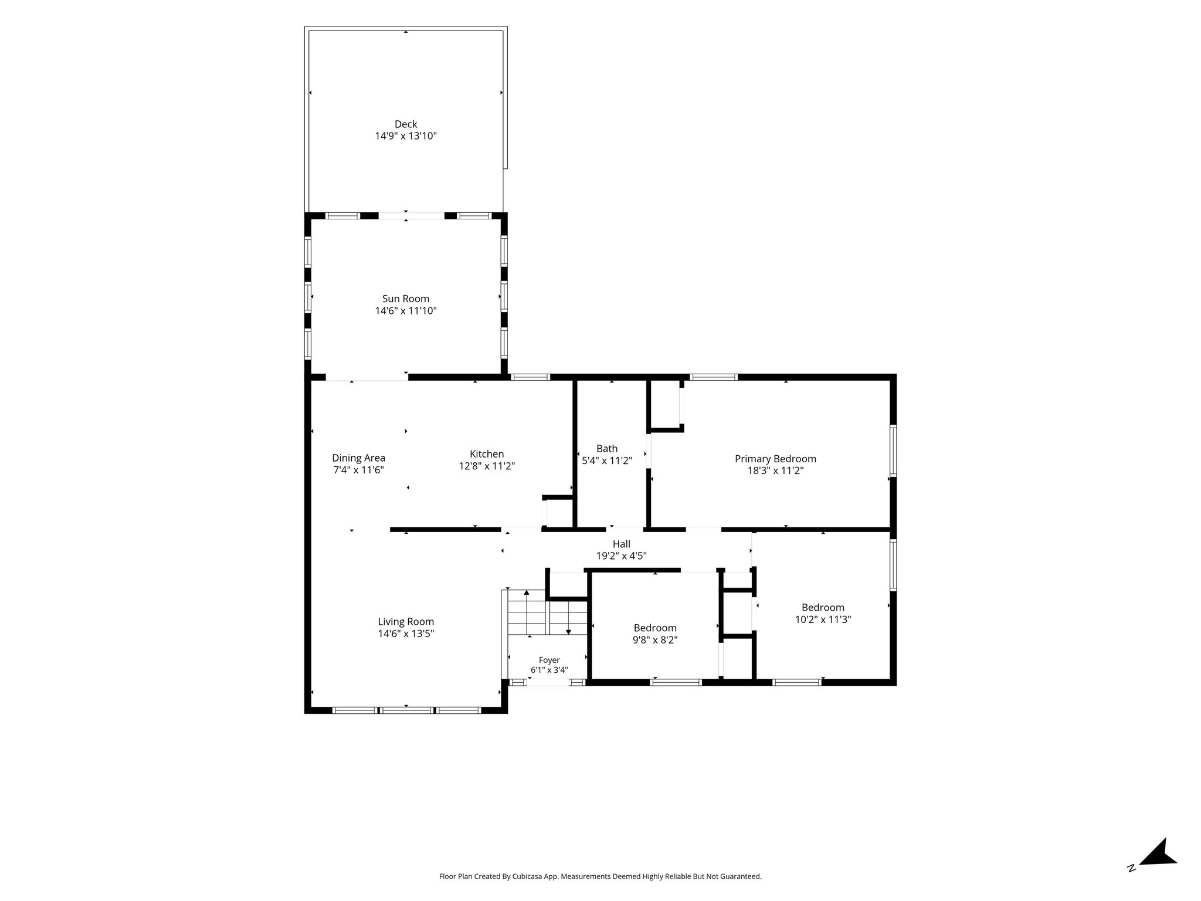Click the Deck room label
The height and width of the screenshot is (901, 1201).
coord(406,124)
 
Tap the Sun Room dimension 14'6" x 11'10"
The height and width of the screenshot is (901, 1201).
coord(406,311)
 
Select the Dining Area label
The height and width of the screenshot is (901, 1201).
coord(358,458)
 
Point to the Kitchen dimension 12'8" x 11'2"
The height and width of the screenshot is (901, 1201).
coord(487,466)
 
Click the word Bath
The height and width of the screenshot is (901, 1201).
coord(607,449)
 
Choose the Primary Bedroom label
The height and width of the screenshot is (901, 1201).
coord(775,459)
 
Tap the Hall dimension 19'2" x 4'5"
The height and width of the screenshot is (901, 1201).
coord(622,556)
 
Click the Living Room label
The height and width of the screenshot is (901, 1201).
coord(406,622)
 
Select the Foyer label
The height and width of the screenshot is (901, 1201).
coord(549,660)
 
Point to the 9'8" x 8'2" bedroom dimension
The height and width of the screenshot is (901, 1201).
coord(655,640)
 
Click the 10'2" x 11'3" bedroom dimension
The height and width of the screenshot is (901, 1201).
coord(823,619)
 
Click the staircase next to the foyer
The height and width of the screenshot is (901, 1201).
coord(547,612)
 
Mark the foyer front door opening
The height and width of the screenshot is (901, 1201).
coord(548,682)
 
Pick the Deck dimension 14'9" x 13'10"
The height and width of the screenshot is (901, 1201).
coord(406,136)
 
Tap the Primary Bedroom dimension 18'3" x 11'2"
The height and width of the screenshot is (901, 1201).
coord(775,470)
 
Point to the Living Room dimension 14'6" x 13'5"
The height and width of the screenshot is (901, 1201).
coord(406,634)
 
